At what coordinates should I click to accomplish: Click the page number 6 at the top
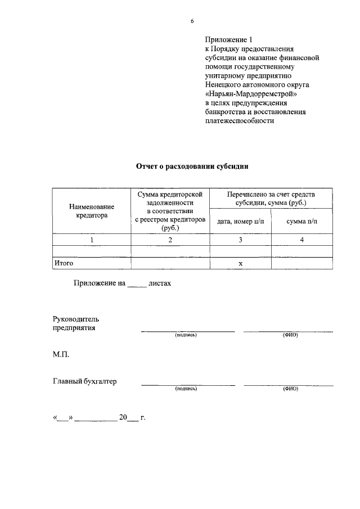point(192,21)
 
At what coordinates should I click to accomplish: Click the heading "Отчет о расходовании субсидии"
point(192,166)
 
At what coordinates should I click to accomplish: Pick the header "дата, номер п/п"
point(240,222)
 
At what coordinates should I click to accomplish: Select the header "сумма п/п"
point(301,222)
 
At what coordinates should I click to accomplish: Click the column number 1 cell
point(91,240)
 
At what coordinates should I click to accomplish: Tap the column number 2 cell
point(170,240)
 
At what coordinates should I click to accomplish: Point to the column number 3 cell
point(240,240)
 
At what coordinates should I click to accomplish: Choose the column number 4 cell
point(301,240)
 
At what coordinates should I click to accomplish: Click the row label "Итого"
point(64,263)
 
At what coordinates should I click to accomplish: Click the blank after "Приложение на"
point(137,285)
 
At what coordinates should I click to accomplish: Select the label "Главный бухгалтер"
point(85,381)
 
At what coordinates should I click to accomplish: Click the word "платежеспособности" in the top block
point(239,121)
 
